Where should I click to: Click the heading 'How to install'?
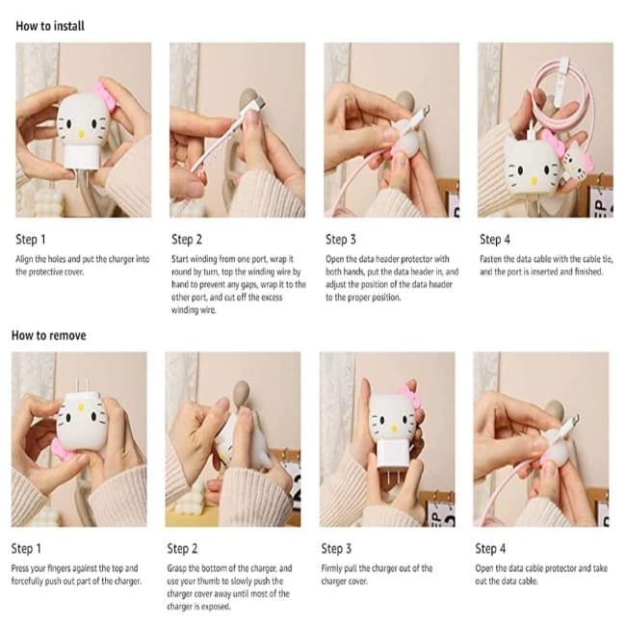[x=50, y=26]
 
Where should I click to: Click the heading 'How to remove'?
[x=49, y=335]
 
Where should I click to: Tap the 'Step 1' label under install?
[x=31, y=240]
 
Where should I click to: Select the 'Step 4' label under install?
[x=495, y=240]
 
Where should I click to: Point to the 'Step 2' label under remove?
[x=182, y=549]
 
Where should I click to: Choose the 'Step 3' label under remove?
[x=336, y=549]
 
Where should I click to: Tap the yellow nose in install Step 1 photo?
[x=82, y=133]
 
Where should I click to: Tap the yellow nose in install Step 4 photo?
[x=534, y=181]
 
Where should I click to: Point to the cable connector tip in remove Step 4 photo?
[x=575, y=420]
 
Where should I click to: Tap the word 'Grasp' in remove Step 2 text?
[x=177, y=568]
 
